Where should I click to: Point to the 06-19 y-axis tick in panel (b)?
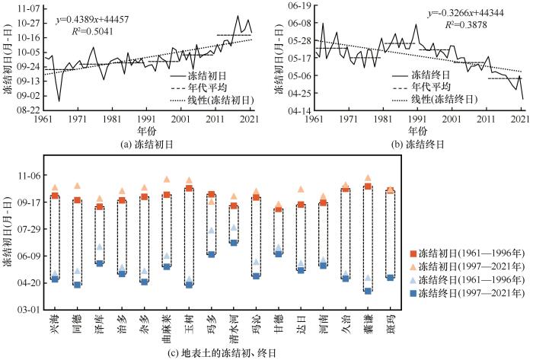coord(298,5)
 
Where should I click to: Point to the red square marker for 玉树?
coord(189,189)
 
